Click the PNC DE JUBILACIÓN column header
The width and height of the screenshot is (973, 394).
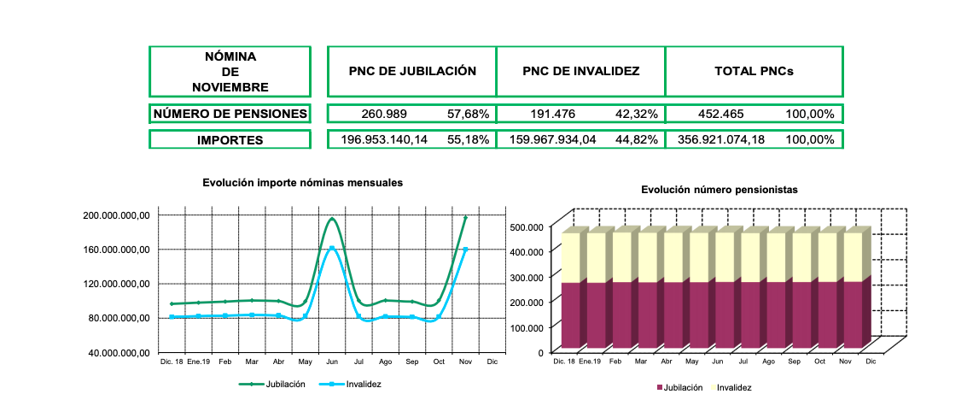412,71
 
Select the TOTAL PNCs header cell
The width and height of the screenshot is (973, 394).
754,71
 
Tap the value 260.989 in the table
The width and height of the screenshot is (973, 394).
384,114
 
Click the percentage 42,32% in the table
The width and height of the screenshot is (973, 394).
637,114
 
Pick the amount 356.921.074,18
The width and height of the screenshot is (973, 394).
721,139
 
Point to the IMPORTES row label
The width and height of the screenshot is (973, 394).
230,140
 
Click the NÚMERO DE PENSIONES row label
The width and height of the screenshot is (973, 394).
230,114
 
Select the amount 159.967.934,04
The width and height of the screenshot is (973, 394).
552,139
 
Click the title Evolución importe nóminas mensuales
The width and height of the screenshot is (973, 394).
302,183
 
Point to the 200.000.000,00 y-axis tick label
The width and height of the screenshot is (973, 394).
117,215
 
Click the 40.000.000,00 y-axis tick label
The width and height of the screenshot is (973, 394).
117,352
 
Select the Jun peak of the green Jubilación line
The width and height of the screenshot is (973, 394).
331,219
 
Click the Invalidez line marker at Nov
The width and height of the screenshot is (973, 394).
465,250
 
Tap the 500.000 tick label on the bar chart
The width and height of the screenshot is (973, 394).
526,227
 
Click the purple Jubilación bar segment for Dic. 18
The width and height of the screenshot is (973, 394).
569,315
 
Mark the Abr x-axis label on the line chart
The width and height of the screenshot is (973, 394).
278,362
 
